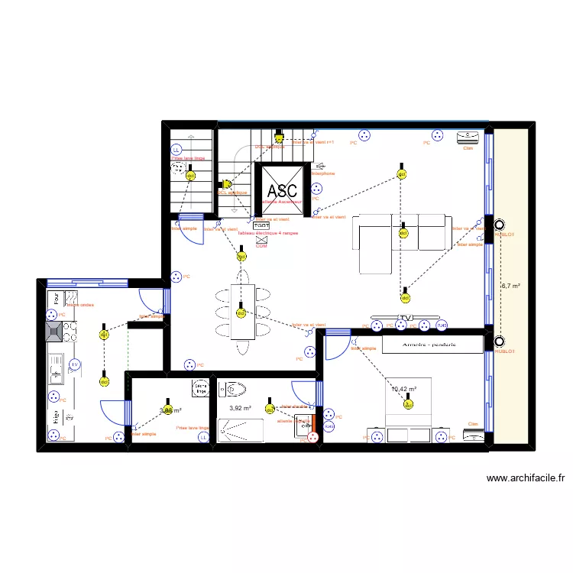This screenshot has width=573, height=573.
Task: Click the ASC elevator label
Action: [282, 189]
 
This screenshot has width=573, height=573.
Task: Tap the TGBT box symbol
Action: [261, 226]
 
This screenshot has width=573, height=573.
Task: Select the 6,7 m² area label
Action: [510, 286]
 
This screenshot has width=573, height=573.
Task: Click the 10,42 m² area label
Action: [403, 389]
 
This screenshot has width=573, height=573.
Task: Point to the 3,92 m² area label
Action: [241, 408]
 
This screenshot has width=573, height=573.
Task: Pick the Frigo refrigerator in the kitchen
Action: [55, 417]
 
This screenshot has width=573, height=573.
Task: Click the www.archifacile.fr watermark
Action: [525, 479]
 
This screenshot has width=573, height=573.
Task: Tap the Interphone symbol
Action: [320, 165]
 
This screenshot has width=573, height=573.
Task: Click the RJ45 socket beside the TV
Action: [442, 326]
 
